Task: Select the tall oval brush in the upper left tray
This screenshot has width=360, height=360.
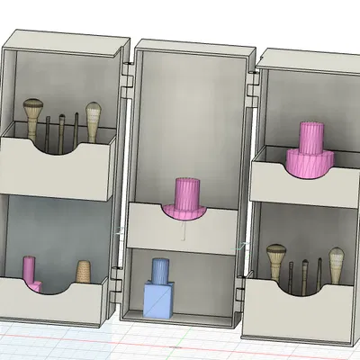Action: pos(93,114)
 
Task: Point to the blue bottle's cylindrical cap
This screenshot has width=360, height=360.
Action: pos(160,270)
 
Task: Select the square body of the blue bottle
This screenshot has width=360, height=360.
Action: pos(159,299)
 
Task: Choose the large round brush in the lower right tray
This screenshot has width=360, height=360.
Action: pos(276,254)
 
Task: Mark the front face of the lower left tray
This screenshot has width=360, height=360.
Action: pos(54,306)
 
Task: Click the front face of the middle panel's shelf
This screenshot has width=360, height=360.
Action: pos(184,229)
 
